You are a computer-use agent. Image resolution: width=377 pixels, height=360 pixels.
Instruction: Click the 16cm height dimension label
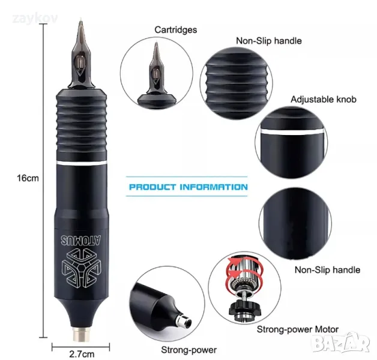(x=28, y=178)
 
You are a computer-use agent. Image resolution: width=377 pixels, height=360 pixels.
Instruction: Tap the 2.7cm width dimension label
(x=82, y=354)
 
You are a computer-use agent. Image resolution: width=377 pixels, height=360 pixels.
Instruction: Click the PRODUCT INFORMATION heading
(x=188, y=187)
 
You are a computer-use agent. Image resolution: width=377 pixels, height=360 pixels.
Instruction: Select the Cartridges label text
(x=175, y=30)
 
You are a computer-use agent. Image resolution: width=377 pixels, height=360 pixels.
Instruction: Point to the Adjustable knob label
(x=324, y=99)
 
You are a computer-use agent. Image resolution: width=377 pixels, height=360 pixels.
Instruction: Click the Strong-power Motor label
(x=298, y=329)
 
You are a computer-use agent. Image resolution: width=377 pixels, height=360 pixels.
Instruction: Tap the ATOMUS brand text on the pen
(x=81, y=241)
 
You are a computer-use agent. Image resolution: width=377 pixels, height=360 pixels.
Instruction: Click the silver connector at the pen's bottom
(x=82, y=334)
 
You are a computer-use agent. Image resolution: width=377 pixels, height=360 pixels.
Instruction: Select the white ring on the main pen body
(x=82, y=163)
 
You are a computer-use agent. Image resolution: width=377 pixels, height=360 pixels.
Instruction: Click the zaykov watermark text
(x=35, y=19)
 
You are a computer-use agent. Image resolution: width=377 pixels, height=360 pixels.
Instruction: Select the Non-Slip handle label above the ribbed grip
(x=269, y=41)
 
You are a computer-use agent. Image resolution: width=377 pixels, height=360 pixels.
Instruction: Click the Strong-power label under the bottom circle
(x=188, y=350)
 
